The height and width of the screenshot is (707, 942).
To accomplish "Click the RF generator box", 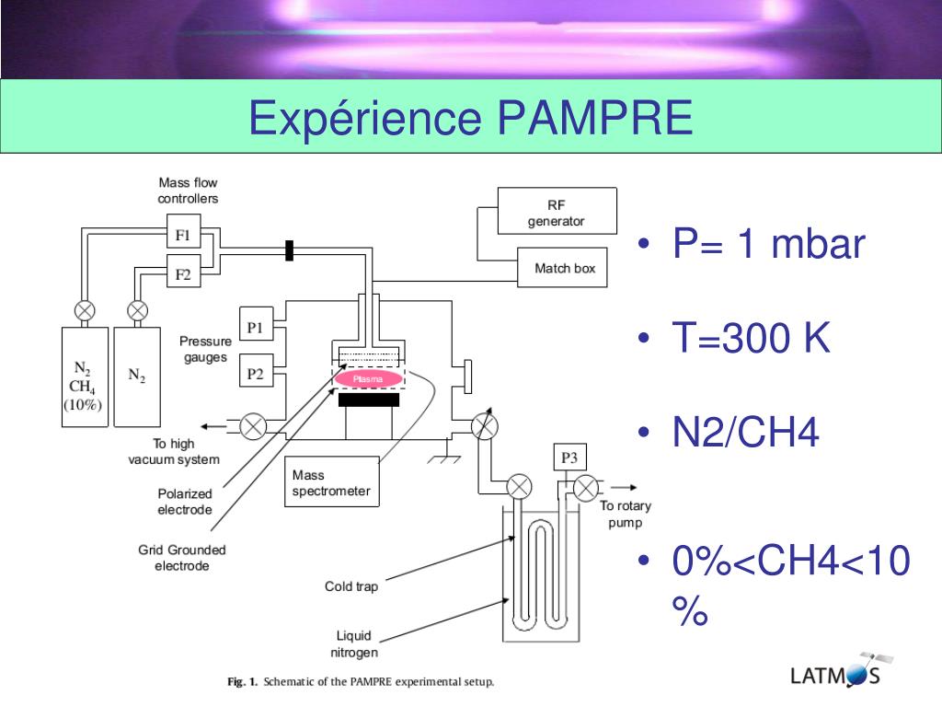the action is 557,211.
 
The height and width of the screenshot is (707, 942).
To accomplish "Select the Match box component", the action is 562,268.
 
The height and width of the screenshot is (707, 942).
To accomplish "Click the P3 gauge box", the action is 569,458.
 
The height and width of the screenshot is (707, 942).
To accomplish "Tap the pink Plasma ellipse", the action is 368,378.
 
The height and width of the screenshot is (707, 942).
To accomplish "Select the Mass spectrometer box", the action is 331,481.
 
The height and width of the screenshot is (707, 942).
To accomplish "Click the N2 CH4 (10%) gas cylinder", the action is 85,377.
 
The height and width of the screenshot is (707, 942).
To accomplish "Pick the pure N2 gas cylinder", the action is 137,377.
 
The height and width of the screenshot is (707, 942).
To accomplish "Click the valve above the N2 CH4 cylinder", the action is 85,311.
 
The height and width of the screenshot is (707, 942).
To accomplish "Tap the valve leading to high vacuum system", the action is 253,427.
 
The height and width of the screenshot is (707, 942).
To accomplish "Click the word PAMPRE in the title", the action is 595,117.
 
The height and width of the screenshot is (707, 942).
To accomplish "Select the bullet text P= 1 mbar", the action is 768,243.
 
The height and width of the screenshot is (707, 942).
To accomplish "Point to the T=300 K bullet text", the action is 751,337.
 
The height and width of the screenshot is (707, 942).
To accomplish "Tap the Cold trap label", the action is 351,586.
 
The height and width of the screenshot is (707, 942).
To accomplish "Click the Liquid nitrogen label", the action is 354,643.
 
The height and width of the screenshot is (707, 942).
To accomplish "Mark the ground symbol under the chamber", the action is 444,455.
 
